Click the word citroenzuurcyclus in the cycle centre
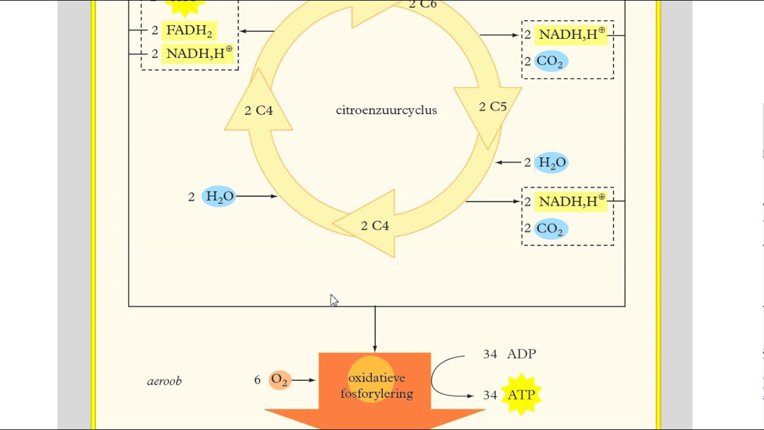[x=386, y=110]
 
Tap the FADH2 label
[x=189, y=30]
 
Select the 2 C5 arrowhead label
[x=492, y=107]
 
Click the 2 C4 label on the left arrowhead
[x=258, y=110]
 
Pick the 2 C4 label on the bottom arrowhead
[x=375, y=226]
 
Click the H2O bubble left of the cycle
[x=219, y=196]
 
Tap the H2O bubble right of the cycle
[x=552, y=162]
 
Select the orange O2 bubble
[x=279, y=380]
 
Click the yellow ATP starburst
[x=521, y=395]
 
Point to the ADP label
[x=522, y=354]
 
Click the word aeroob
[x=164, y=381]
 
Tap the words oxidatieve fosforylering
[x=377, y=386]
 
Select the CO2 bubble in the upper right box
[x=550, y=62]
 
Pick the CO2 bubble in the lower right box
[x=550, y=229]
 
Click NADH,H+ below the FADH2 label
[x=199, y=53]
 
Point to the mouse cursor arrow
[x=333, y=300]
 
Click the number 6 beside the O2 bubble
[x=257, y=380]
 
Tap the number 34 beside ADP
[x=490, y=354]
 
